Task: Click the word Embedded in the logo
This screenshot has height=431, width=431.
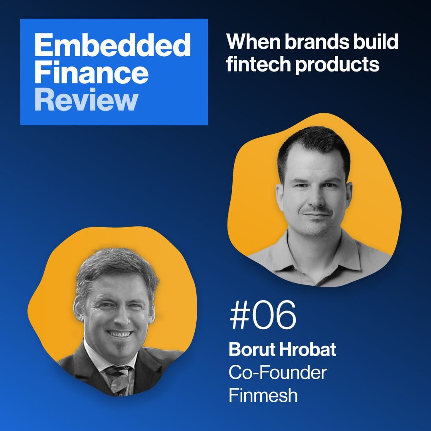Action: pyautogui.click(x=113, y=45)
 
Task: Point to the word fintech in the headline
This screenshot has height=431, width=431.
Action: pyautogui.click(x=258, y=64)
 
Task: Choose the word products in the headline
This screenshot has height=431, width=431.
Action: pyautogui.click(x=337, y=65)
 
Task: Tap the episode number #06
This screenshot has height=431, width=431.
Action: pyautogui.click(x=263, y=315)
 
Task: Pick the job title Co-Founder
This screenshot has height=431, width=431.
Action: pyautogui.click(x=278, y=372)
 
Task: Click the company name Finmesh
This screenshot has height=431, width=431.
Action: pyautogui.click(x=263, y=395)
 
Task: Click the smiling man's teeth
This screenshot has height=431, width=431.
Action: pyautogui.click(x=119, y=334)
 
